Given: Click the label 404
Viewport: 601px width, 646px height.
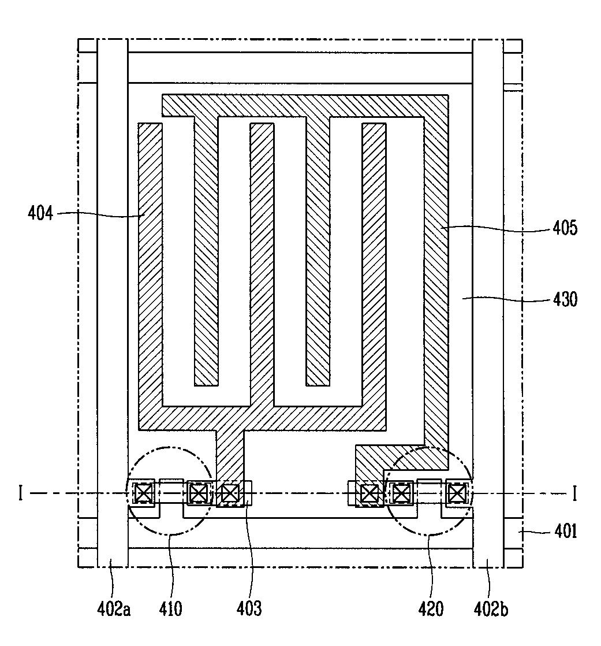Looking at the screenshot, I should coord(40,214).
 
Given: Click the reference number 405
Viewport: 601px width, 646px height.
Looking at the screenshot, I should coord(564,228).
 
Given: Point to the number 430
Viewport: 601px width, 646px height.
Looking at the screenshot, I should coord(564,299).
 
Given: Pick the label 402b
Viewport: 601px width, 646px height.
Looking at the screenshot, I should coord(491,609).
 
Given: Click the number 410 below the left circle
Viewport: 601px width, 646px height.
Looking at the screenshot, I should coord(171,609).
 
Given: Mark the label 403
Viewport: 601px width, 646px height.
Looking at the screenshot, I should coord(249,609).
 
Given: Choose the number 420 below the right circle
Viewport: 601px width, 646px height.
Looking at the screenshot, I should coord(431,609).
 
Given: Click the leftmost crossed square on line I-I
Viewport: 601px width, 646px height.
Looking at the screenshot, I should coord(143,493).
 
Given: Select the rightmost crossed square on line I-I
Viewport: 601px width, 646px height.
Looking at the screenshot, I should coord(456,493).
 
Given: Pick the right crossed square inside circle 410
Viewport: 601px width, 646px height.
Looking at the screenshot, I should coord(198,493).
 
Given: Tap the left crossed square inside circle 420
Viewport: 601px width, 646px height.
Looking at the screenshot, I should coord(400,493).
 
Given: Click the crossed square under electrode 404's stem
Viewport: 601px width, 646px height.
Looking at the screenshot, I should coord(230,493).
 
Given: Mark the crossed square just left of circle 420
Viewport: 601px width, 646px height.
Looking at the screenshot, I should coord(368,493).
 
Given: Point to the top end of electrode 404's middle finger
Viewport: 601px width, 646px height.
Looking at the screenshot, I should coord(261,127).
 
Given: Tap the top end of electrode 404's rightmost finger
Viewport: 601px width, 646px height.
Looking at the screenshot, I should coord(373,127).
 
